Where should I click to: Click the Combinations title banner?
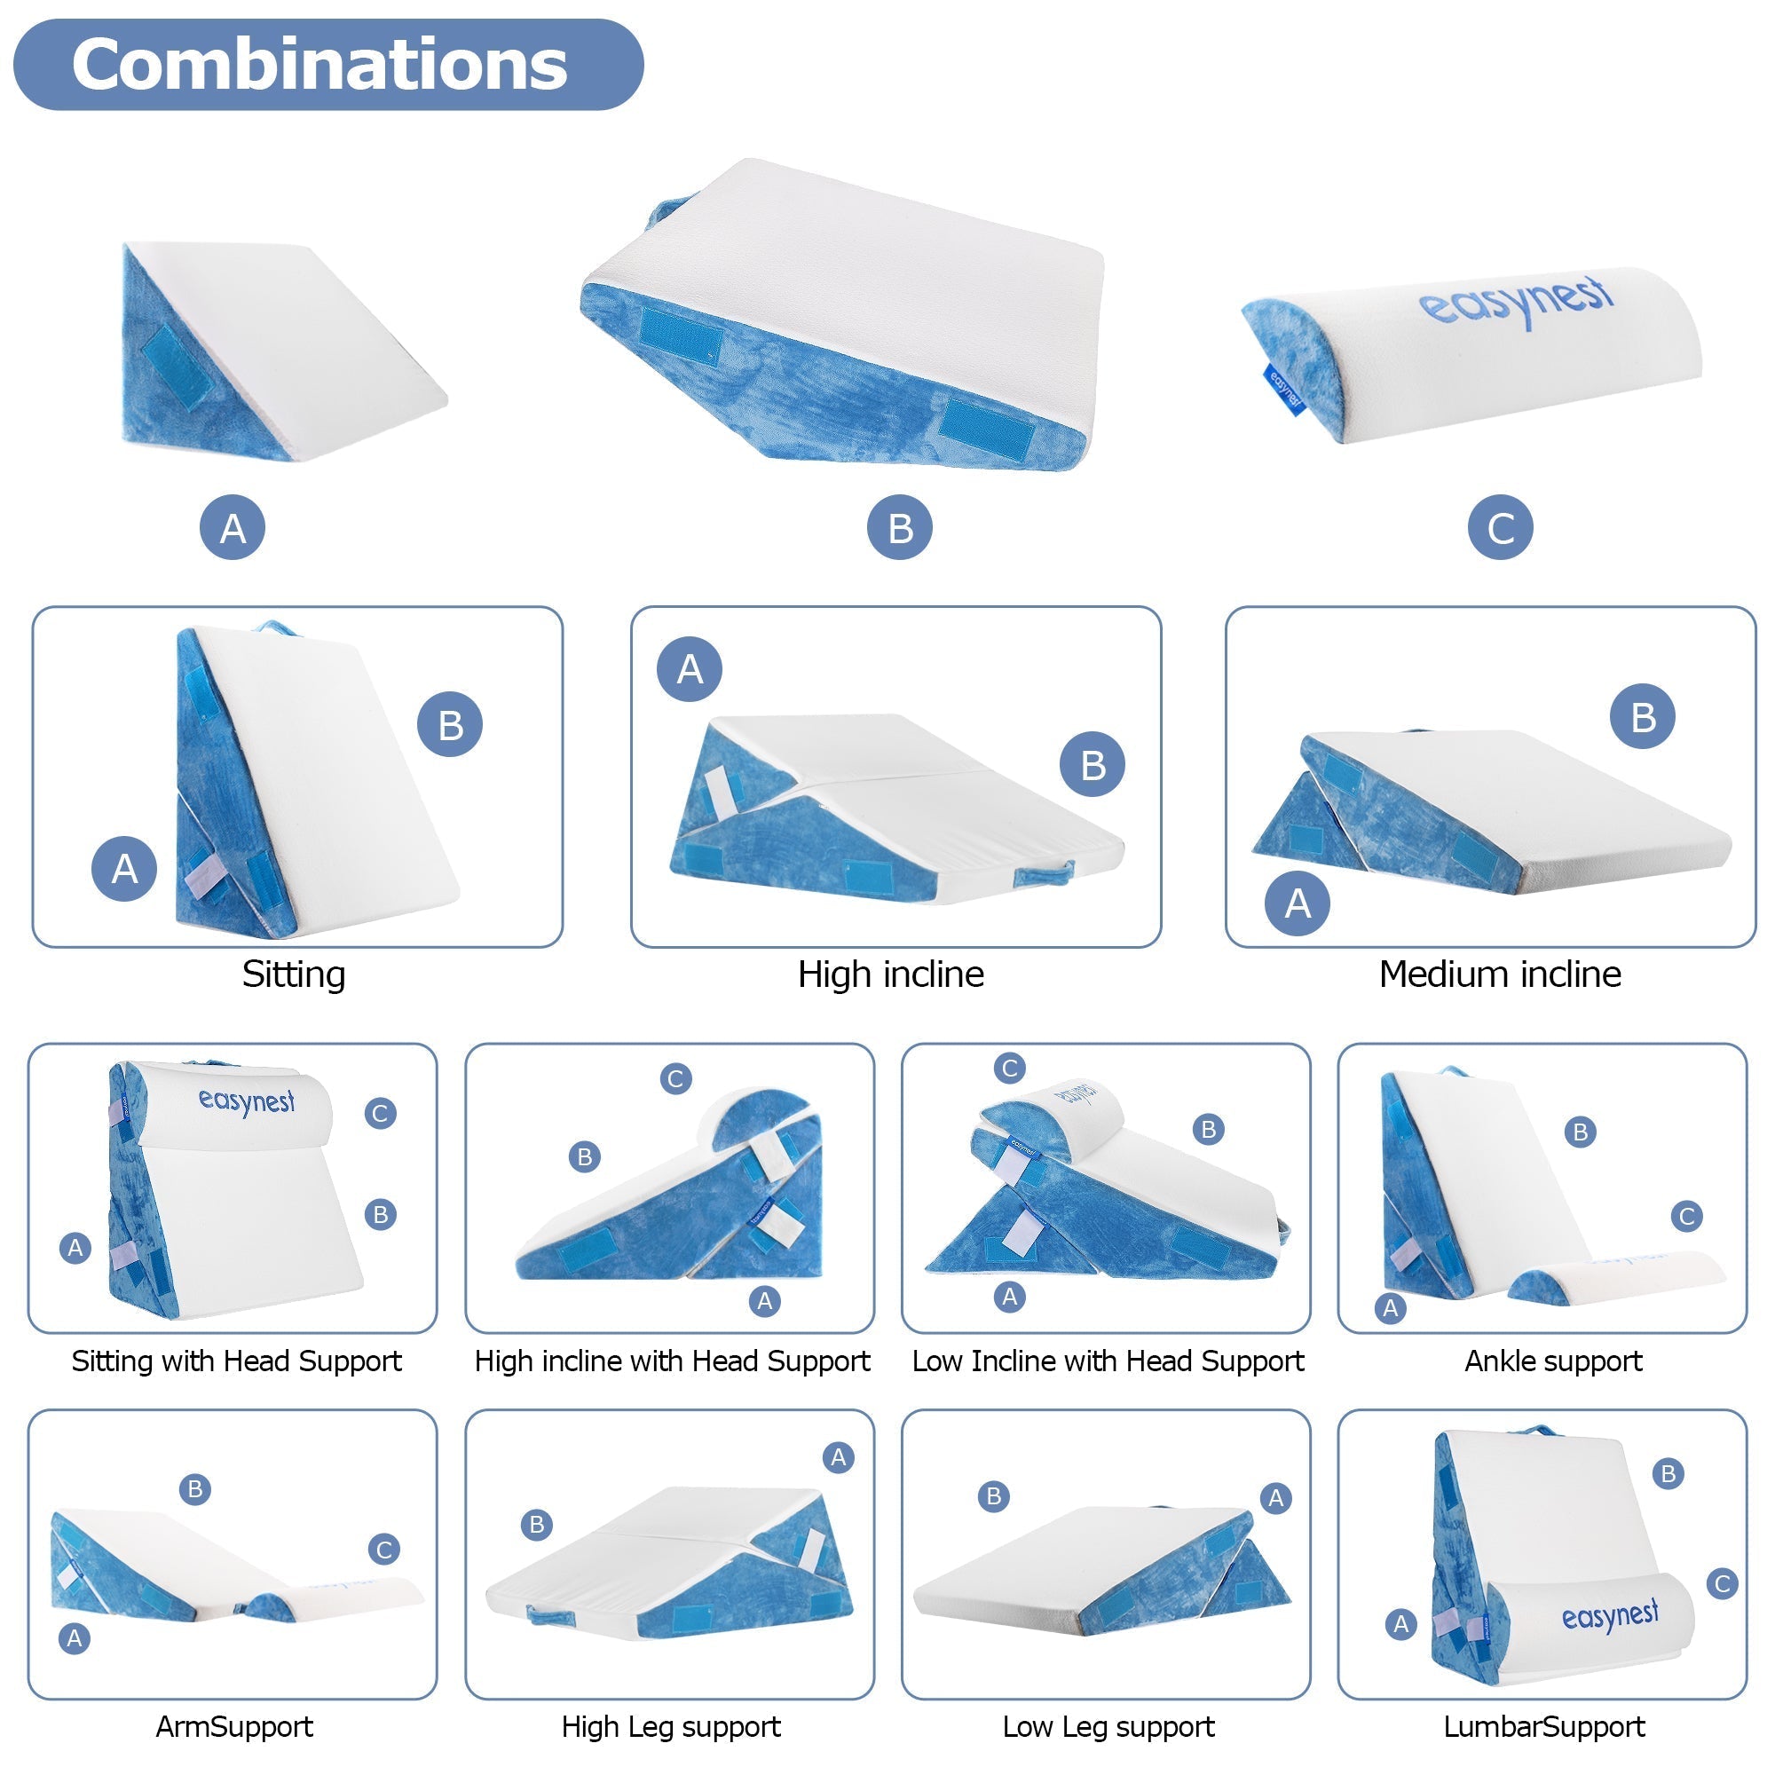[x=328, y=64]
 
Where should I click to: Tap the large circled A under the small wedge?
[x=233, y=527]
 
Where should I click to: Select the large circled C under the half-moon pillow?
[x=1500, y=527]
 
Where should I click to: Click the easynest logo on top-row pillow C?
[x=1516, y=301]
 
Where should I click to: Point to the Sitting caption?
[x=294, y=974]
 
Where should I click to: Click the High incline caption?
[x=890, y=974]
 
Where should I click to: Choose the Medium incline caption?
[x=1499, y=974]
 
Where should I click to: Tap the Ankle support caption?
[x=1552, y=1361]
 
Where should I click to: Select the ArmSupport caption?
[x=234, y=1726]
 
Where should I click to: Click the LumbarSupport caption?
[x=1543, y=1726]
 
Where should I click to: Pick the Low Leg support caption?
[x=1108, y=1726]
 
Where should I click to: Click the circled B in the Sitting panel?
[x=450, y=724]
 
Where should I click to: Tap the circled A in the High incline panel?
[x=689, y=669]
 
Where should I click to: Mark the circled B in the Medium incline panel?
[x=1643, y=715]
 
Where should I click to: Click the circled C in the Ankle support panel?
[x=1687, y=1217]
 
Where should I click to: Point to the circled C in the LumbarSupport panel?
[x=1723, y=1584]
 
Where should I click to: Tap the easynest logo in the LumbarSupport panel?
[x=1611, y=1616]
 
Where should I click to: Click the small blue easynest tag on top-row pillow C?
[x=1284, y=390]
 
